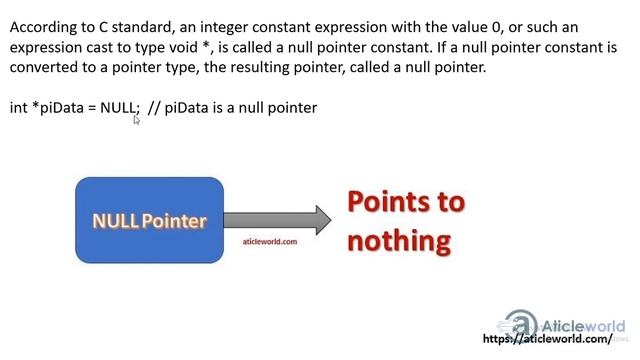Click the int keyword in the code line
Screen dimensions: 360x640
19,107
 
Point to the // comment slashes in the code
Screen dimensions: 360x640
154,107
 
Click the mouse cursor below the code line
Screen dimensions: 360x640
137,119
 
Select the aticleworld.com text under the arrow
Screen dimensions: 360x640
270,241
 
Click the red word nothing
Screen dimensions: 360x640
399,241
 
